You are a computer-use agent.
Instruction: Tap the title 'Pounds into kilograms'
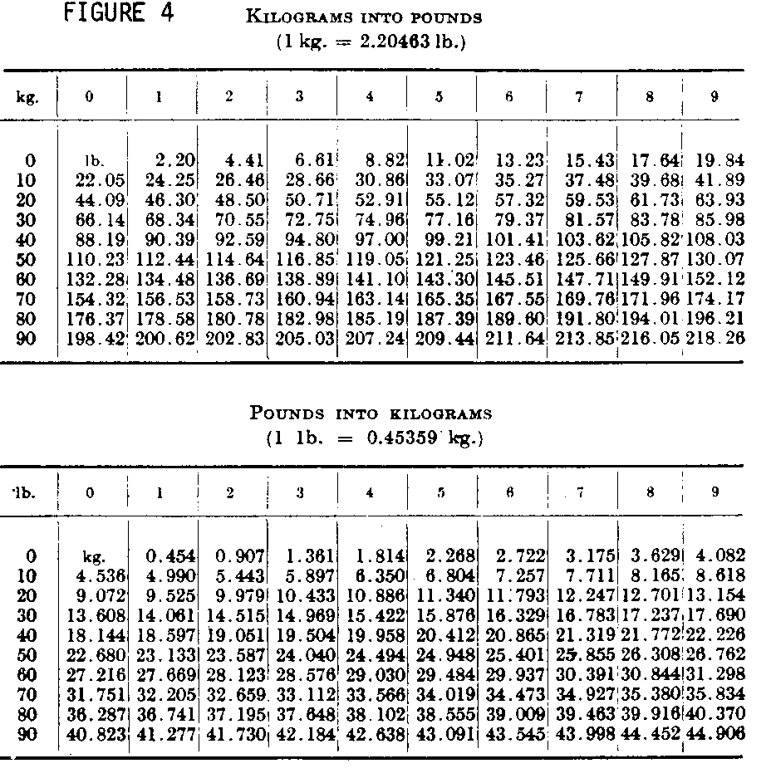[x=383, y=413]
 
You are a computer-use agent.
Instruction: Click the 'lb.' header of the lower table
[x=26, y=492]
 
